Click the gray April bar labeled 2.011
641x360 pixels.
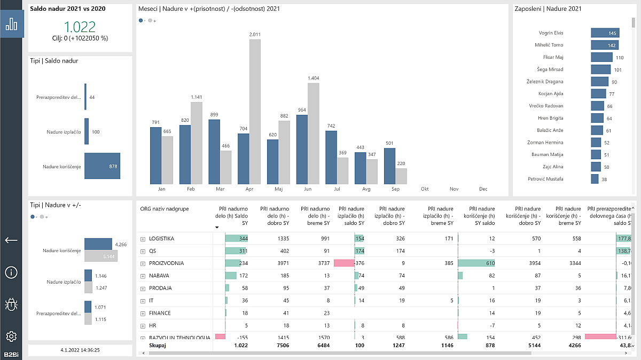click(x=255, y=111)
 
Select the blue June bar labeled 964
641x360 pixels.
click(x=302, y=149)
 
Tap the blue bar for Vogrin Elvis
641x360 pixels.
click(x=605, y=33)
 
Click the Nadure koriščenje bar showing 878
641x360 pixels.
click(x=102, y=166)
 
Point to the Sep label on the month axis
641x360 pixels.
click(x=395, y=189)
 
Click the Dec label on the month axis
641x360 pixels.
click(x=483, y=189)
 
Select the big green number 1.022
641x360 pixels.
click(x=80, y=27)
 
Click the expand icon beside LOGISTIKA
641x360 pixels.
click(x=143, y=239)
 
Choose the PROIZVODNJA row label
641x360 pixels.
click(x=166, y=263)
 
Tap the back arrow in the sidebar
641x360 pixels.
click(x=11, y=240)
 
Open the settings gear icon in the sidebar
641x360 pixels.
click(x=11, y=336)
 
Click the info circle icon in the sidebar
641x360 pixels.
click(x=11, y=272)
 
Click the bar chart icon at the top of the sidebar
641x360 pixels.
click(x=11, y=24)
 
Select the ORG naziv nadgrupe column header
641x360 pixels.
click(x=164, y=209)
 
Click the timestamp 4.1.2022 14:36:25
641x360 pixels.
click(x=80, y=350)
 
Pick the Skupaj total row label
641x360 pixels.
click(x=158, y=346)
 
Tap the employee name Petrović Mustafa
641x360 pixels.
click(x=545, y=179)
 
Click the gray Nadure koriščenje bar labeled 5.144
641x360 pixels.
click(x=100, y=256)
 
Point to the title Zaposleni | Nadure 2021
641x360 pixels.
click(x=548, y=9)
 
